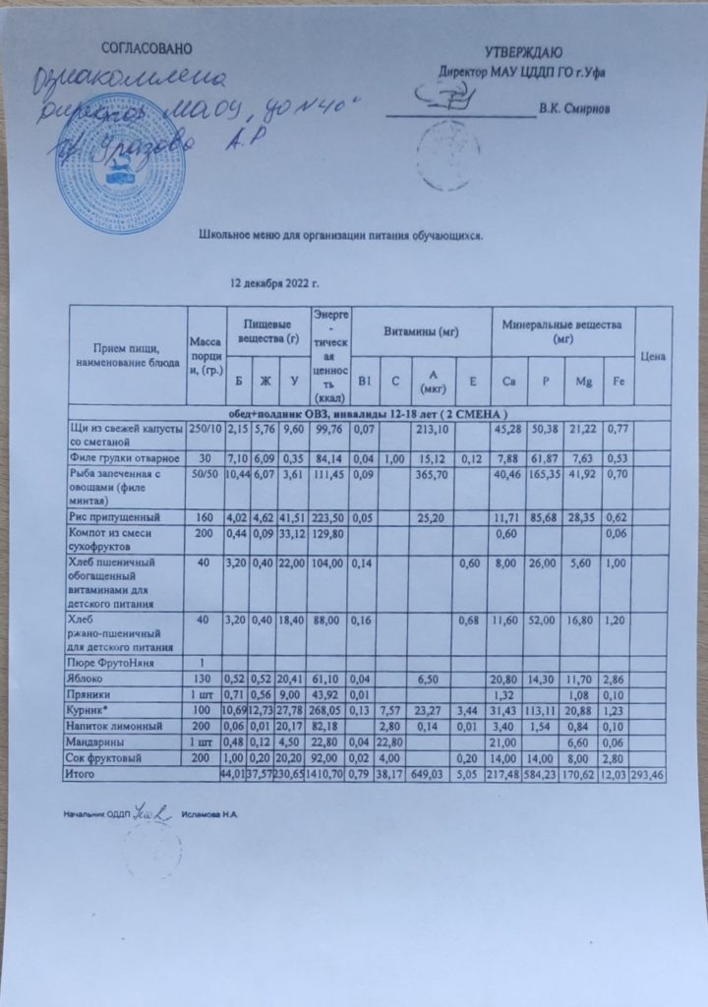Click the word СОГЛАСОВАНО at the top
point(147,48)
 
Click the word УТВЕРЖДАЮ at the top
point(522,51)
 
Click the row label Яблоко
point(88,678)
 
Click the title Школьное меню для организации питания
point(341,236)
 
